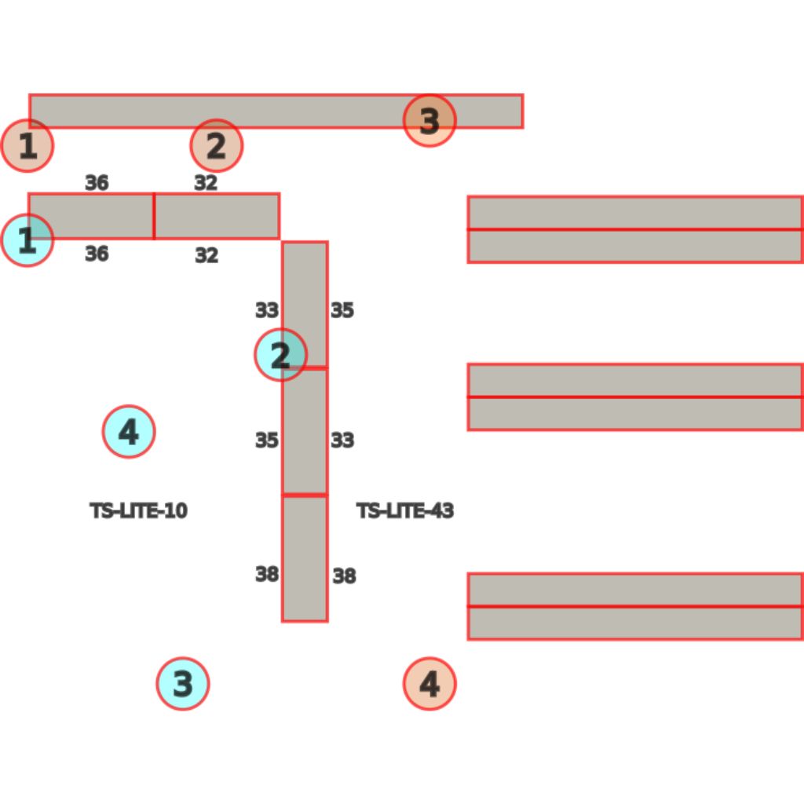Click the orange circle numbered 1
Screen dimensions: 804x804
27,145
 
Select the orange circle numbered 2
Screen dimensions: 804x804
217,145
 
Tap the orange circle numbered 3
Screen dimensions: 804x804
429,121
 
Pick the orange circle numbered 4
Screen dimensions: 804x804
429,684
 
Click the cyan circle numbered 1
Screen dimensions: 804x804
27,240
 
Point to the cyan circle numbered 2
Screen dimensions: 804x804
280,355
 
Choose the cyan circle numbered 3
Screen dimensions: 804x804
182,684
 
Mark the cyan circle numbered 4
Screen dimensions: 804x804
128,431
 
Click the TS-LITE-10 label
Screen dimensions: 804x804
138,510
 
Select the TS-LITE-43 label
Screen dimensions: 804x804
405,510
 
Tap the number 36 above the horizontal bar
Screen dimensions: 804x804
97,182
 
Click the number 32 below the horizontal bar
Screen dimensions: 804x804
206,255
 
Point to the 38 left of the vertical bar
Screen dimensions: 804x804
267,574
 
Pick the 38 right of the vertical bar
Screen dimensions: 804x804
344,576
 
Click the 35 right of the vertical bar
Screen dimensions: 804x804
342,310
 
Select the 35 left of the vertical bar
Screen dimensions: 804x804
267,440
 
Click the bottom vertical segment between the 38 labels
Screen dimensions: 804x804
305,558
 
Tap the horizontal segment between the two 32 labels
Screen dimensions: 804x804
217,217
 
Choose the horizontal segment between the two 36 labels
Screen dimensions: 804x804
91,217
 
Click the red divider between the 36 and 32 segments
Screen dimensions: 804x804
154,217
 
